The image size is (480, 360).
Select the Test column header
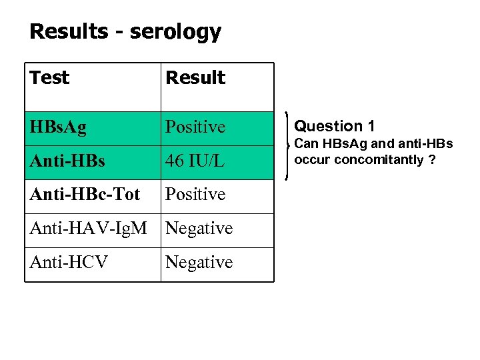(49, 78)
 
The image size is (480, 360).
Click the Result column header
(195, 78)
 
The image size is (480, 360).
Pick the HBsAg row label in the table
(58, 127)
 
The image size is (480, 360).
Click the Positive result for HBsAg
(195, 127)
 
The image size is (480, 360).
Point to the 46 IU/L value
(195, 161)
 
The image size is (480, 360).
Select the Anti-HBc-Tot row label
(85, 194)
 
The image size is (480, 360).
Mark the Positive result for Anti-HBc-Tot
(195, 194)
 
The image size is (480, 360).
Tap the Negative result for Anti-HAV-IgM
(199, 228)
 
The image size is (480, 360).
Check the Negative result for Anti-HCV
(199, 262)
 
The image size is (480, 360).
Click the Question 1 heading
(334, 126)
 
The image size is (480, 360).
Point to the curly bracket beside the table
(287, 146)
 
